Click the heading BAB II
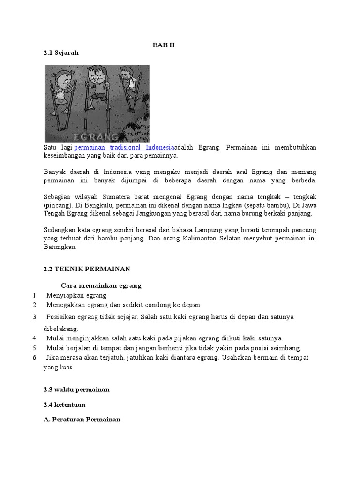click(x=164, y=45)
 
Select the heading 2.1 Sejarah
click(x=61, y=53)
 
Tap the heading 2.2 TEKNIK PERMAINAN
click(x=86, y=269)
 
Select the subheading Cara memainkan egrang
click(x=101, y=285)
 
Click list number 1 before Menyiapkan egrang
click(x=35, y=295)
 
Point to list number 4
click(x=35, y=338)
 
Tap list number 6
click(x=35, y=358)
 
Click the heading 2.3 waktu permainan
click(x=76, y=390)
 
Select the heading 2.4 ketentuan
click(x=64, y=405)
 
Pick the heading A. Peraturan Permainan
click(x=82, y=420)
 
